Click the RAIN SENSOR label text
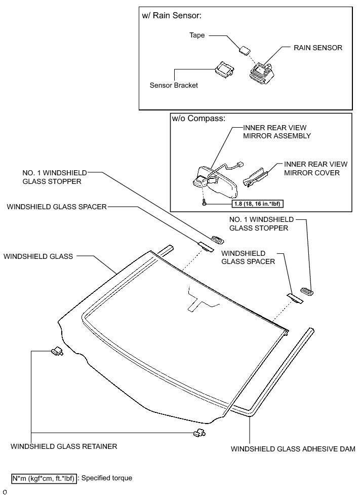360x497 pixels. [318, 48]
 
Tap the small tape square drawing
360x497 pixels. [246, 50]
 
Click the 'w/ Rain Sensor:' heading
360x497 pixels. [172, 16]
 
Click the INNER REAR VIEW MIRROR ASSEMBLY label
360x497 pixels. [276, 132]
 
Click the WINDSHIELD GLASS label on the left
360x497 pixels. [38, 256]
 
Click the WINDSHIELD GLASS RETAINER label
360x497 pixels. [64, 446]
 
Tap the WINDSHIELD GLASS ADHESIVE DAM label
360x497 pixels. [293, 449]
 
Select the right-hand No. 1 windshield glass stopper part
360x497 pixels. [306, 291]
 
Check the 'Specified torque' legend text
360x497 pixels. [107, 478]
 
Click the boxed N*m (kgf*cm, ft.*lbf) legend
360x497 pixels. [45, 478]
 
